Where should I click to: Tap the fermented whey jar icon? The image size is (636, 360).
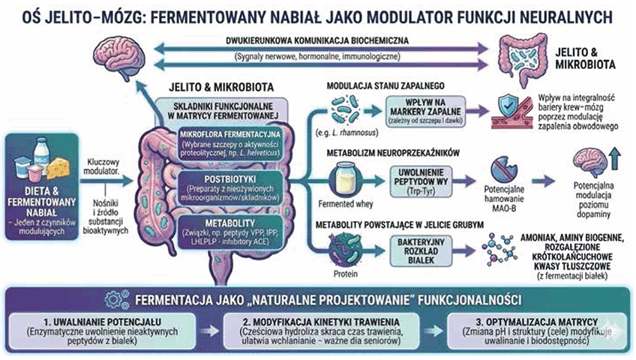[x=349, y=179]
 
